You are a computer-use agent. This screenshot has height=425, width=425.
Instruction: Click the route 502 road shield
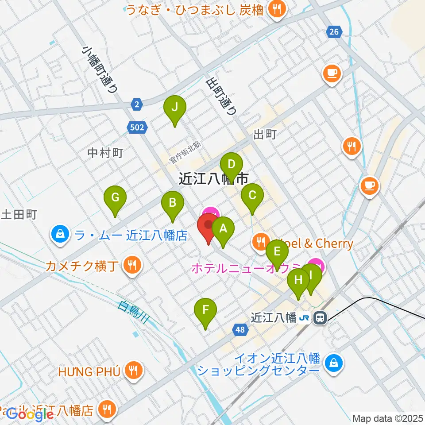point(138,127)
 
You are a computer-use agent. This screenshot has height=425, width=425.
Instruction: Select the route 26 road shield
point(334,31)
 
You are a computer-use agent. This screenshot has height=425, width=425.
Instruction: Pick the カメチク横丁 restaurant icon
point(132,266)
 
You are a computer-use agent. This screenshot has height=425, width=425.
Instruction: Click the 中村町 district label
point(105,153)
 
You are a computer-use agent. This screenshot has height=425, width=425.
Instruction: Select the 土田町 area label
point(19,215)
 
